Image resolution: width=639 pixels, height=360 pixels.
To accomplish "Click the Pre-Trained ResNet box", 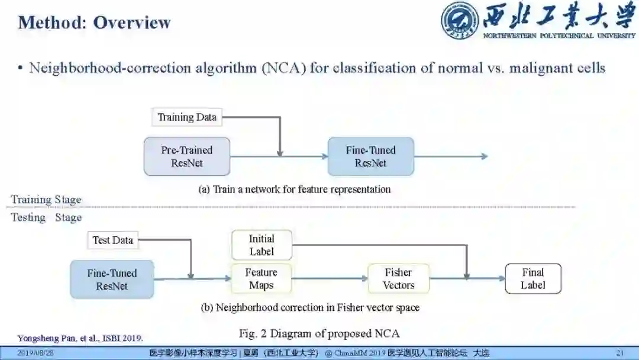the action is point(186,156).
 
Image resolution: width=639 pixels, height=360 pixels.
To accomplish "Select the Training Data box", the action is point(187,117).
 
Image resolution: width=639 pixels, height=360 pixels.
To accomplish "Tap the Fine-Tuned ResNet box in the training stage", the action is point(370,156).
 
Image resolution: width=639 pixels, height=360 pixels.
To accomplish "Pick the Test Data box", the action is point(112,240).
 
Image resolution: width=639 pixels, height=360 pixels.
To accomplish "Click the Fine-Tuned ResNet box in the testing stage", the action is point(112,279).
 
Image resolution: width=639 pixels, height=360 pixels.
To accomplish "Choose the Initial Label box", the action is point(262,245).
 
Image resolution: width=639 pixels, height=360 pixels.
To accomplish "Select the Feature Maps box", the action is point(261,279).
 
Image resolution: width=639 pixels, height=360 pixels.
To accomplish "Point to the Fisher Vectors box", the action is point(398,279).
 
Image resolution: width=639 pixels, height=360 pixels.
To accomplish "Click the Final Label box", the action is point(532,279).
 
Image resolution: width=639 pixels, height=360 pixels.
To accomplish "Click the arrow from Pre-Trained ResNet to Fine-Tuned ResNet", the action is point(279,156).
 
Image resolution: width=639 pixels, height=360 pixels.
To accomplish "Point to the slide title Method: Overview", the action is point(95,22).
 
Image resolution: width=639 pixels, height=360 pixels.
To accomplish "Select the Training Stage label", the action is point(46,200).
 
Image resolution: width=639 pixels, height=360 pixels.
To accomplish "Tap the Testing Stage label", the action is point(46,217).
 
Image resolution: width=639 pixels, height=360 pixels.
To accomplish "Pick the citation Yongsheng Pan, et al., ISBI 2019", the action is point(80,339).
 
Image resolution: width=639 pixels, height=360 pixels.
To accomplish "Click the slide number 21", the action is point(620,353).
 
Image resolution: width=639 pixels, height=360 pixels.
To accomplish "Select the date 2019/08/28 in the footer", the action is point(35,353).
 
